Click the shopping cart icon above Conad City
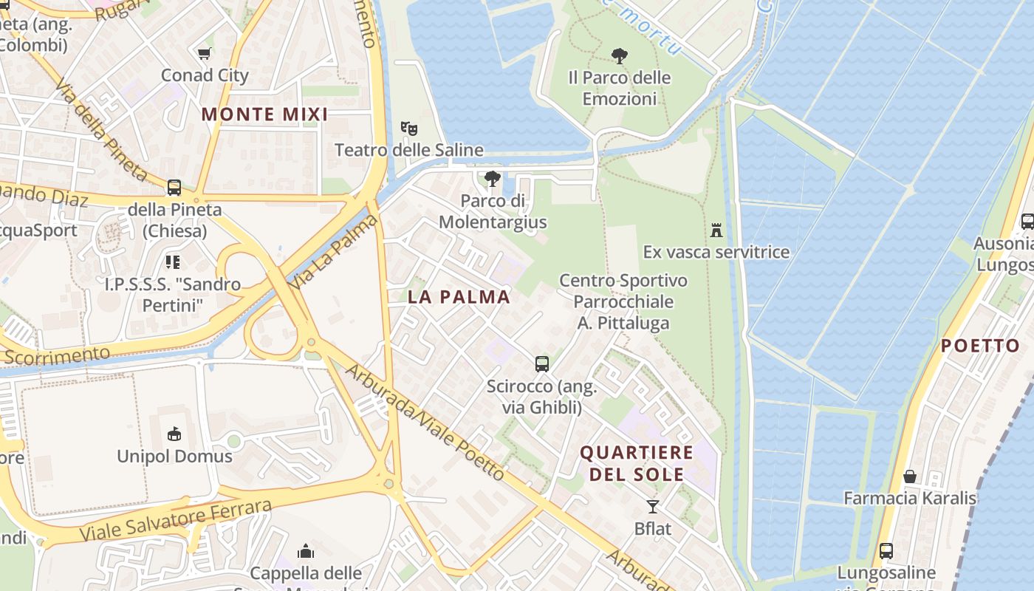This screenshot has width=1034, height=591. pyautogui.click(x=205, y=53)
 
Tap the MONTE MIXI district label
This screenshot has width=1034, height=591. pyautogui.click(x=264, y=115)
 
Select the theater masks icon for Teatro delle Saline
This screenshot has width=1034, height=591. pyautogui.click(x=408, y=129)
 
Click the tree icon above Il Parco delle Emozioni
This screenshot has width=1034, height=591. pyautogui.click(x=620, y=55)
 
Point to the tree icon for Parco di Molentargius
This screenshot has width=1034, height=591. pyautogui.click(x=493, y=179)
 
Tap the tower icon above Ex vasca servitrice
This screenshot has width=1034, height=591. pyautogui.click(x=716, y=230)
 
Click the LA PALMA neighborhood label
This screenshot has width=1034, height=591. pyautogui.click(x=459, y=297)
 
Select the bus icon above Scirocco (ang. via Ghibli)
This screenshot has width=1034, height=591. pyautogui.click(x=542, y=363)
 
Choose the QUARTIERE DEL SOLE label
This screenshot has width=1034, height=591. pyautogui.click(x=637, y=463)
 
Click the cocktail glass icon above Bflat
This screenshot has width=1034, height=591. pyautogui.click(x=653, y=507)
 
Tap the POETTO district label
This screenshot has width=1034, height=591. pyautogui.click(x=980, y=346)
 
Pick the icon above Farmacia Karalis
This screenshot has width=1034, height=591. pyautogui.click(x=910, y=476)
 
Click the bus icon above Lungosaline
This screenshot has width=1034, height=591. pyautogui.click(x=886, y=550)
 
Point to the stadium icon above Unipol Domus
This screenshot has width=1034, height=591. pyautogui.click(x=175, y=434)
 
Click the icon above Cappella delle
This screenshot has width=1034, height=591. pyautogui.click(x=306, y=551)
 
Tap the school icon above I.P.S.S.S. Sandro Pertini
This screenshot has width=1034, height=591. pyautogui.click(x=173, y=262)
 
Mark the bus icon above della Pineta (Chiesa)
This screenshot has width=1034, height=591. pyautogui.click(x=174, y=188)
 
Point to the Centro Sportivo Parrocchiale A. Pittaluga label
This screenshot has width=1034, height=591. pyautogui.click(x=623, y=301)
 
